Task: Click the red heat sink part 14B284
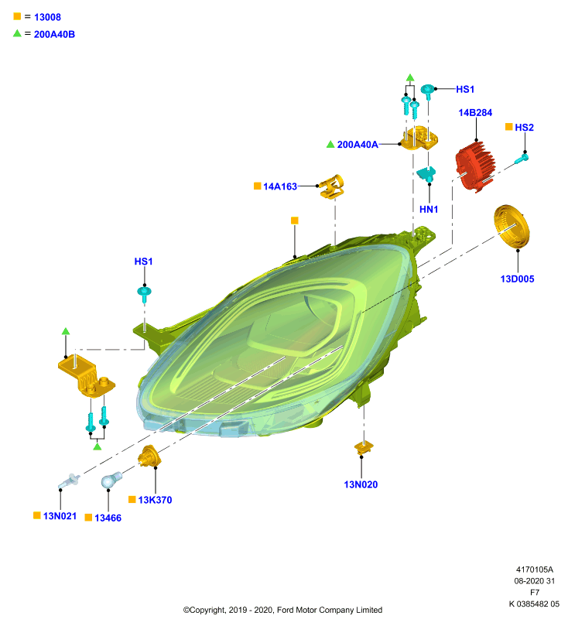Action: click(x=475, y=166)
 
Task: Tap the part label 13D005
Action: click(x=517, y=279)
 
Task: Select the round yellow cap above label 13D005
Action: click(x=512, y=227)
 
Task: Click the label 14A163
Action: click(x=280, y=186)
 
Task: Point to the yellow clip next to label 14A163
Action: click(x=332, y=186)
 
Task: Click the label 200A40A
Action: click(x=358, y=145)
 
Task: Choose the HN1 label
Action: click(x=429, y=210)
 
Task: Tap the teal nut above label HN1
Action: click(x=426, y=173)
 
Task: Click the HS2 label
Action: click(x=524, y=128)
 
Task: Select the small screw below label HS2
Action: click(x=522, y=159)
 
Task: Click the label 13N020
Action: click(x=361, y=485)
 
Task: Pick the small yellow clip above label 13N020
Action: click(x=364, y=447)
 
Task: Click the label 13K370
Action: click(x=155, y=500)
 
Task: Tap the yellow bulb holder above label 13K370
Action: click(x=149, y=456)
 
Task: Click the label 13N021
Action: click(x=60, y=516)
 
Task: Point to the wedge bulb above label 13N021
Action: click(x=69, y=481)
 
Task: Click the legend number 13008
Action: click(x=48, y=17)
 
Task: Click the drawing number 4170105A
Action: click(x=535, y=569)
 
